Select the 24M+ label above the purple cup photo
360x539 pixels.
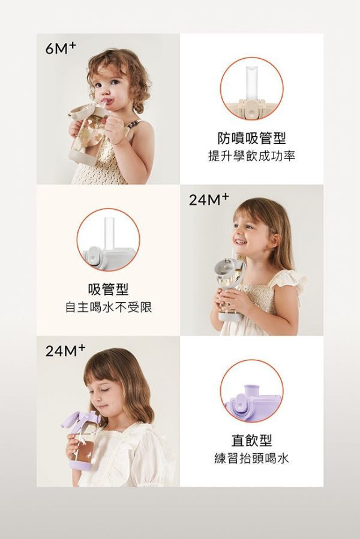coord(65,351)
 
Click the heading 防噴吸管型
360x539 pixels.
coord(251,138)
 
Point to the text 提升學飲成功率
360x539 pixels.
coord(251,156)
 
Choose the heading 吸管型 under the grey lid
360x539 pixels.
coord(108,290)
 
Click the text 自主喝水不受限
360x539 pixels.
coord(108,308)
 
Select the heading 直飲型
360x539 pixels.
coord(251,441)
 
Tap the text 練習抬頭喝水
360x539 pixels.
coord(251,459)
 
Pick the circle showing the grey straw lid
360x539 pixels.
coord(108,239)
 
